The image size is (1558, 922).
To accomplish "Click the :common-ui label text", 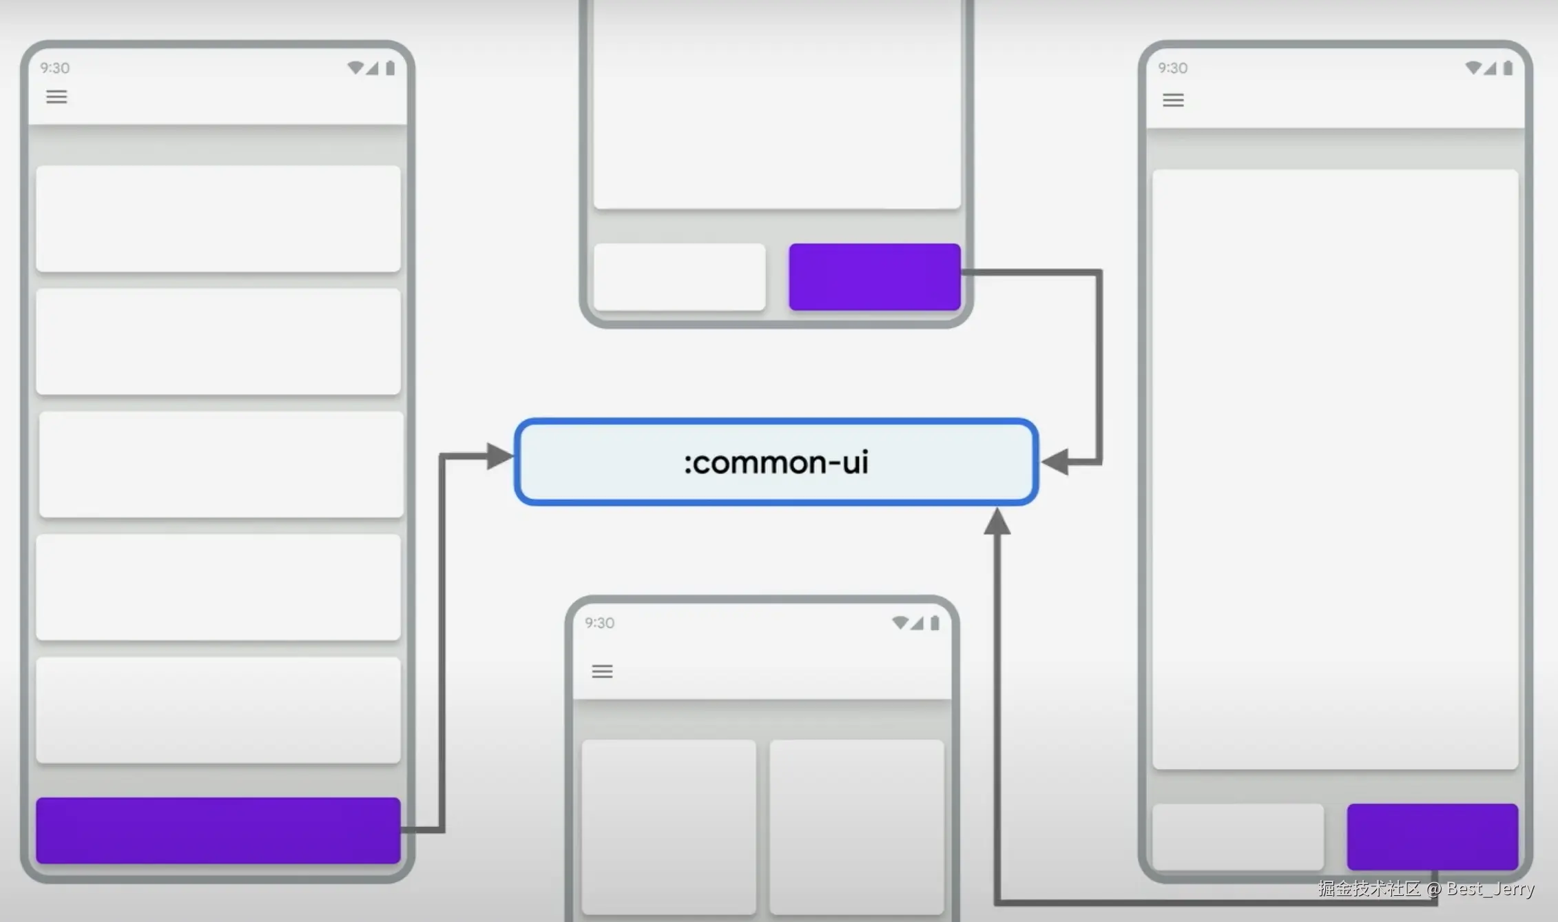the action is tap(776, 462).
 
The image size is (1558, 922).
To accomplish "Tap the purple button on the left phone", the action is tap(218, 830).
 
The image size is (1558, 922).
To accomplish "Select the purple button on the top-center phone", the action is tap(875, 276).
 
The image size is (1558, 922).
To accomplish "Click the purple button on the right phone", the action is tap(1433, 837).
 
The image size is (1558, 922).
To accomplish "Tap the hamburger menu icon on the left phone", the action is tap(56, 96).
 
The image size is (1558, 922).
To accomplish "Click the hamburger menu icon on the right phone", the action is tap(1174, 101).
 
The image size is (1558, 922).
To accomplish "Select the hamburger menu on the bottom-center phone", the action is tap(602, 671).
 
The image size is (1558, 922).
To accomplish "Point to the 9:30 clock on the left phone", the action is tap(54, 68).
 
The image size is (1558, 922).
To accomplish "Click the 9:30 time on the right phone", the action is tap(1172, 68).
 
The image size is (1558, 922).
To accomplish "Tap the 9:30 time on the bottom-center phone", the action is tap(599, 623).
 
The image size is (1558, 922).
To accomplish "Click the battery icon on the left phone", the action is tap(391, 68).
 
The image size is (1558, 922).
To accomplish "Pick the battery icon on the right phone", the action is tap(1508, 68).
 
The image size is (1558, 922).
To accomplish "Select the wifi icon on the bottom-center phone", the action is tap(900, 623).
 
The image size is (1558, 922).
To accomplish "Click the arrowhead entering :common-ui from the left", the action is tap(500, 456).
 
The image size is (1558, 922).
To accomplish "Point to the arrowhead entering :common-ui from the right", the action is tap(1055, 462).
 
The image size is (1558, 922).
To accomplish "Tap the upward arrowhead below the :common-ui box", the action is tap(997, 522).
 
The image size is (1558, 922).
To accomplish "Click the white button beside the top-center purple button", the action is tap(680, 276).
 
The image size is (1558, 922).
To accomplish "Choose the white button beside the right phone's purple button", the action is tap(1238, 837).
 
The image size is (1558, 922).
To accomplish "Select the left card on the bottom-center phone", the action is tap(669, 827).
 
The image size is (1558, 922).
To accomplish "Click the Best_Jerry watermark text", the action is tap(1491, 889).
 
